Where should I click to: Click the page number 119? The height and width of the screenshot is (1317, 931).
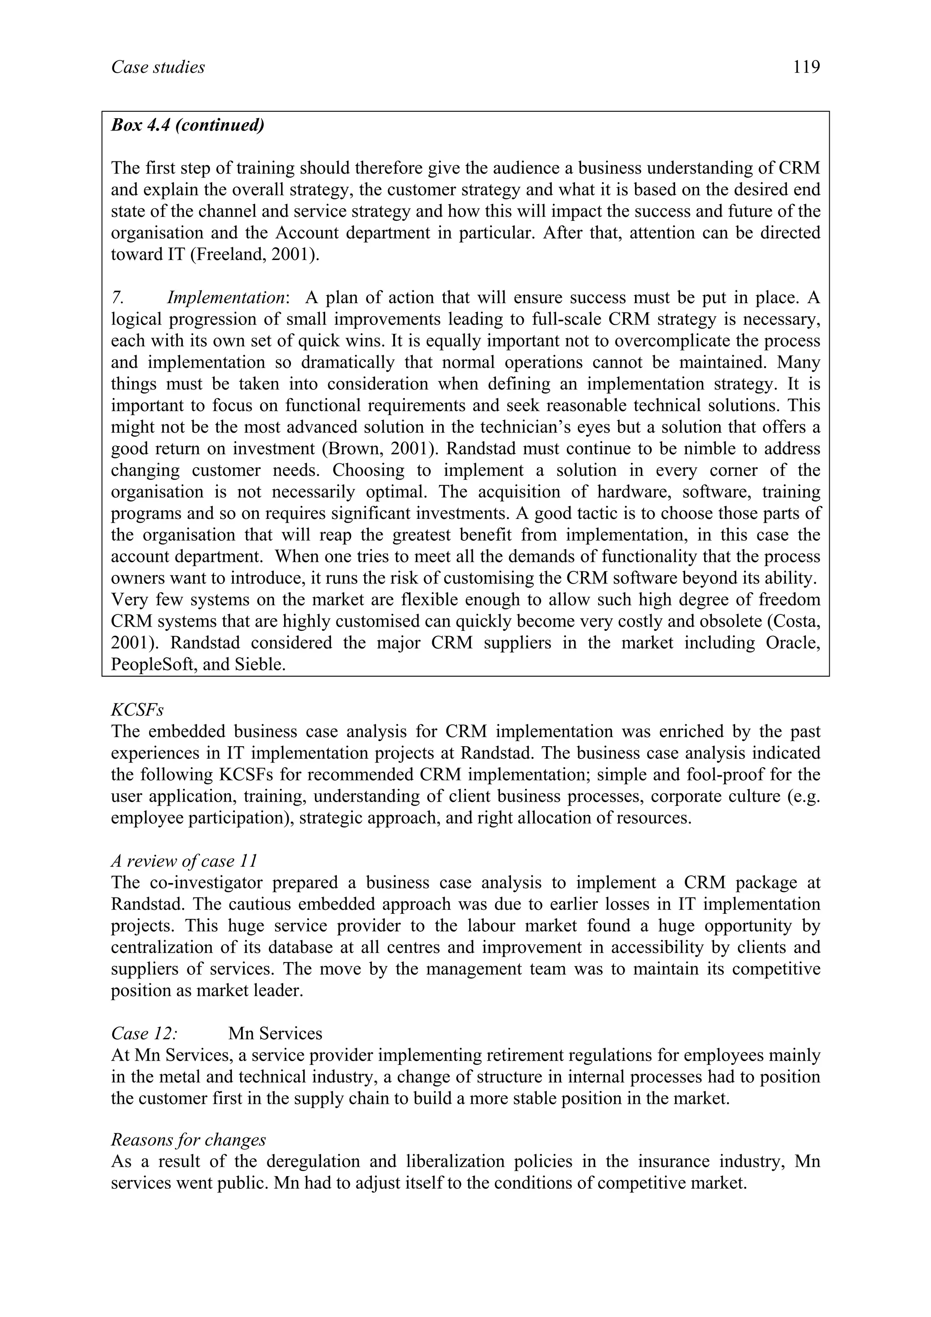click(x=806, y=68)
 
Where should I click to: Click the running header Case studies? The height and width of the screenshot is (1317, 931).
click(x=158, y=68)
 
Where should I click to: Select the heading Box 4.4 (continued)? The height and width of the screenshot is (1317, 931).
click(x=188, y=125)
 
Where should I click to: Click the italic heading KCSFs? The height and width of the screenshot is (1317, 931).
click(x=137, y=710)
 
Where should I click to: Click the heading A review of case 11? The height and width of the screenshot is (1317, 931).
click(x=184, y=861)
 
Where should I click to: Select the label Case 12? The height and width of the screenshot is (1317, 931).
click(x=144, y=1033)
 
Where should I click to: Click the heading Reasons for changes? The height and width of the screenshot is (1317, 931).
click(x=189, y=1140)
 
